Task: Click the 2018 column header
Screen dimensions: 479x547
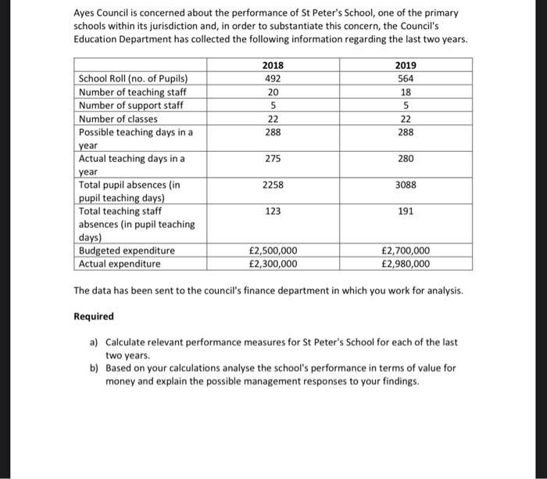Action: click(273, 65)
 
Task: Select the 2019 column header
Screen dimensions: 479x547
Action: click(406, 65)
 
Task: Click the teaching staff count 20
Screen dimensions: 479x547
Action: click(273, 92)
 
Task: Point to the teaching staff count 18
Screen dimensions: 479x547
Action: click(406, 92)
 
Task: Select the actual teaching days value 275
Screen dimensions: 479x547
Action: click(273, 159)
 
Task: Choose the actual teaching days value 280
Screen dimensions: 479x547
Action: click(406, 159)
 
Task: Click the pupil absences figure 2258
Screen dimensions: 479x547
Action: click(273, 185)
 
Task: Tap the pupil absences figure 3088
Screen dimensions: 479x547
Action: click(406, 185)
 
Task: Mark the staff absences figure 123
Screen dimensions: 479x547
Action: click(273, 211)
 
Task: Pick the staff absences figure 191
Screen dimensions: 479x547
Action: click(406, 211)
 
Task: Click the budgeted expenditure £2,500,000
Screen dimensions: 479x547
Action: click(273, 250)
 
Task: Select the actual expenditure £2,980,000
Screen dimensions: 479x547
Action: click(406, 264)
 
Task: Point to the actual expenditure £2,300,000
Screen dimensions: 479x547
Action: click(273, 264)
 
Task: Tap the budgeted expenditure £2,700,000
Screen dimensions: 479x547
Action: click(406, 250)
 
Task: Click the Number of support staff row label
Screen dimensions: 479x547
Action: click(130, 106)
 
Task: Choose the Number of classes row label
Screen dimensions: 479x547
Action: click(118, 119)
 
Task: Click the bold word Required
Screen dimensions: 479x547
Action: click(93, 316)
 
